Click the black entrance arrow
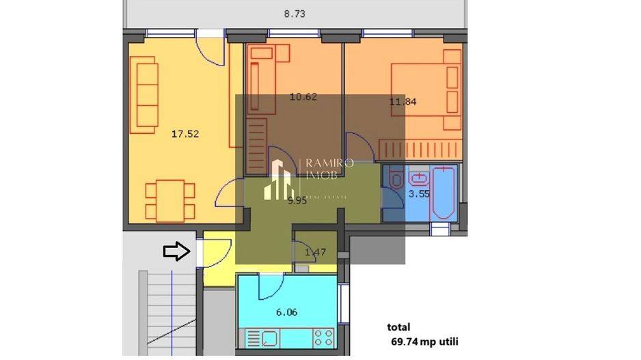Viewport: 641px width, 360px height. [176, 251]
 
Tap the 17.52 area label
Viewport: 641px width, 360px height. [185, 134]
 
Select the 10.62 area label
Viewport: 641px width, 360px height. [303, 97]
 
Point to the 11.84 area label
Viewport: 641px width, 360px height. [403, 102]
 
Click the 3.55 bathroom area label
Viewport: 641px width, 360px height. [418, 194]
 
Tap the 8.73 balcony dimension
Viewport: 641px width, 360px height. [295, 13]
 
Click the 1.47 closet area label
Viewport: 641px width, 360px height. [315, 253]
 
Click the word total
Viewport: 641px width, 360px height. [398, 327]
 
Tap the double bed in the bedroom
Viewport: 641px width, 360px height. [424, 97]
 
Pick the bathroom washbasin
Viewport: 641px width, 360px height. [418, 180]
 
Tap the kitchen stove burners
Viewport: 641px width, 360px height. [323, 337]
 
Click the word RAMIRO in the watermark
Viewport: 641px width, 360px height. [329, 163]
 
